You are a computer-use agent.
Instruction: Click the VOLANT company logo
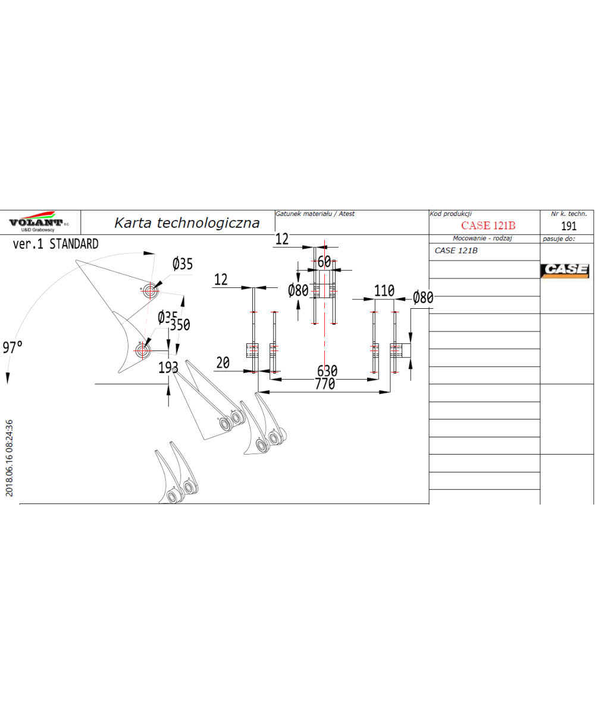39,221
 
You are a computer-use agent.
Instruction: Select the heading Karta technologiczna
187,223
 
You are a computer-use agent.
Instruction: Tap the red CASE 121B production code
488,226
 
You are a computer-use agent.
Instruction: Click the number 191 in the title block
569,226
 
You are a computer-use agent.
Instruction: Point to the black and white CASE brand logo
565,270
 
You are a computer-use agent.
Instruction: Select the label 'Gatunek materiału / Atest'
315,214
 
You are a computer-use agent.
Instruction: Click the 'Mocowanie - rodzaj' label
483,238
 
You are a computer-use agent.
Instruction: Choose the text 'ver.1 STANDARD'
55,244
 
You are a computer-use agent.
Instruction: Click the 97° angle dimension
12,347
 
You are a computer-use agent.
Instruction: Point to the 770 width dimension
324,384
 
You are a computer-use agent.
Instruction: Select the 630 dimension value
327,370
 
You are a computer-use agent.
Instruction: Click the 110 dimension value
384,291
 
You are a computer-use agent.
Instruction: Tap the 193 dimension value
168,368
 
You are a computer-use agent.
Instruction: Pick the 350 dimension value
180,325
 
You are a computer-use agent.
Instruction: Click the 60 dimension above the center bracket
324,262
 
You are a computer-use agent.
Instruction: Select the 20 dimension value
223,363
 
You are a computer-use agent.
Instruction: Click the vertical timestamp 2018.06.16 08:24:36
9,458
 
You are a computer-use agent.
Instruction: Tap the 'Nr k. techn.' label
569,214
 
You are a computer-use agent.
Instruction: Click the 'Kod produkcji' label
450,214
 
